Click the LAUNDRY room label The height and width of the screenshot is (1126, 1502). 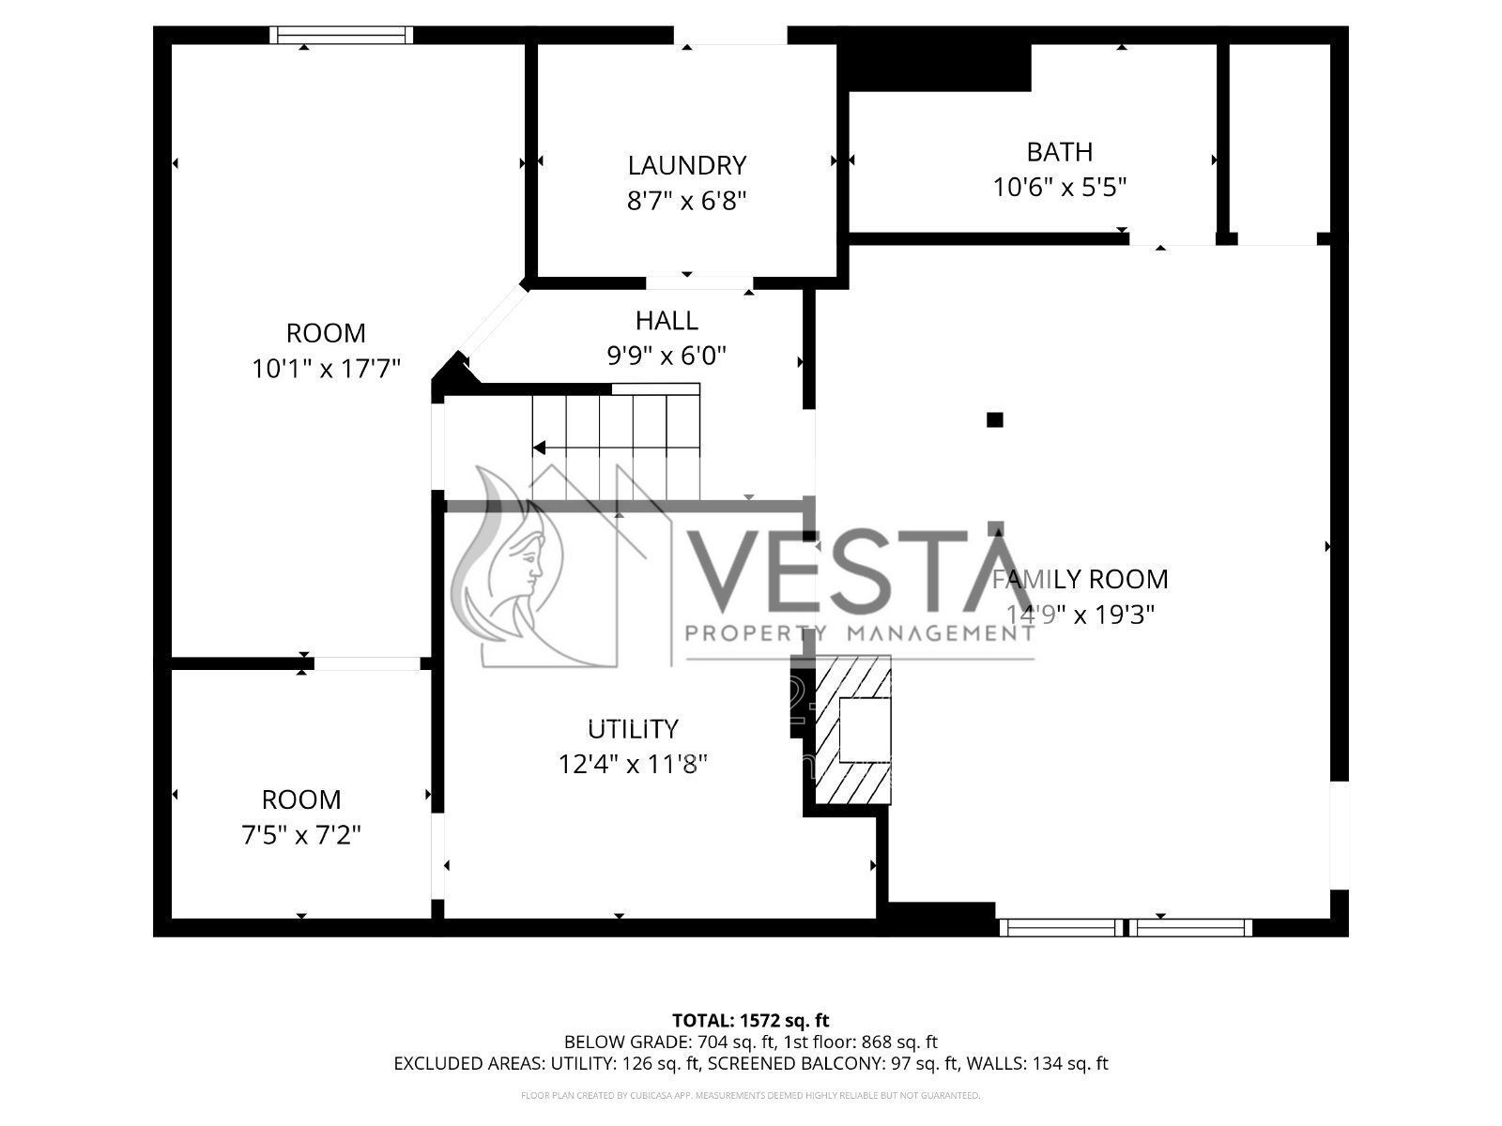(x=686, y=166)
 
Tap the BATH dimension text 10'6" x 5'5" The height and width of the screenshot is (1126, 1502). (x=1059, y=187)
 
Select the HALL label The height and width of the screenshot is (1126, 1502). (x=667, y=321)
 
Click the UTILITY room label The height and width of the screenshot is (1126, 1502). (x=633, y=729)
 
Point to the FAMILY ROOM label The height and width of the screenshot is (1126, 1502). (x=1080, y=579)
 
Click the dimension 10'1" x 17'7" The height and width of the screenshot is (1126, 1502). (x=326, y=369)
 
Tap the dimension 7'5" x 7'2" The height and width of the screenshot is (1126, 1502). (x=300, y=834)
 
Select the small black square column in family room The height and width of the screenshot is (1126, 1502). (x=995, y=420)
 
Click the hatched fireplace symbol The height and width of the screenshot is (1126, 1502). (x=852, y=730)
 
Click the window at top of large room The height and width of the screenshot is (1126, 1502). (x=342, y=35)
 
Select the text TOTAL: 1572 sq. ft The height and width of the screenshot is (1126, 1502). (x=750, y=1020)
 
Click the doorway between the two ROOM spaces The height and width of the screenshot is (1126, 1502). (x=367, y=663)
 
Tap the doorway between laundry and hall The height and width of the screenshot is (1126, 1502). (x=699, y=281)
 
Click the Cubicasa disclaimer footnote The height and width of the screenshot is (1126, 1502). (x=750, y=1095)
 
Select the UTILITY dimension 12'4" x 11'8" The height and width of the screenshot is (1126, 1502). (x=633, y=765)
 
